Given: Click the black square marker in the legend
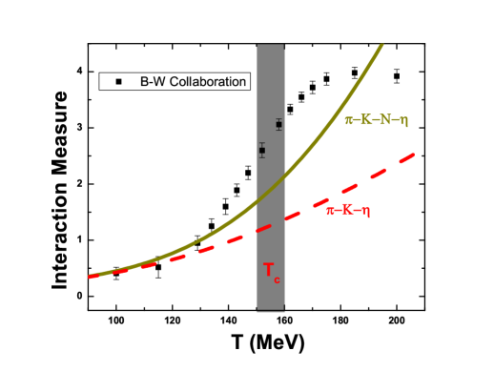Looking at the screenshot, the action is pos(119,82).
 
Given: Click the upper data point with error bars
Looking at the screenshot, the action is pos(278,125).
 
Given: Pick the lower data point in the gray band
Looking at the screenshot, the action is pos(262,150).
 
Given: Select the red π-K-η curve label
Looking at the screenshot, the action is pos(347,211).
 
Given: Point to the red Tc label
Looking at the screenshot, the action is pos(272,272).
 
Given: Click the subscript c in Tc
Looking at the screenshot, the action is pos(278,279).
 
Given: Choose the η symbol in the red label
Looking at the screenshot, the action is pos(365,212).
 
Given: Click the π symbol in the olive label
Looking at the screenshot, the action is pos(349,121).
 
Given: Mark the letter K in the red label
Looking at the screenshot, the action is pos(347,211).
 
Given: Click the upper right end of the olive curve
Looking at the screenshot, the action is pos(383,44).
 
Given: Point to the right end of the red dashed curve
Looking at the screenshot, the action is pos(414,154).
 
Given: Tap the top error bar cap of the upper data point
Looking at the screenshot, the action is pos(278,118).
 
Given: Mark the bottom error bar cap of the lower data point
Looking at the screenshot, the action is pos(262,157).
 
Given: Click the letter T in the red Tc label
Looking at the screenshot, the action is pos(269,270).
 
